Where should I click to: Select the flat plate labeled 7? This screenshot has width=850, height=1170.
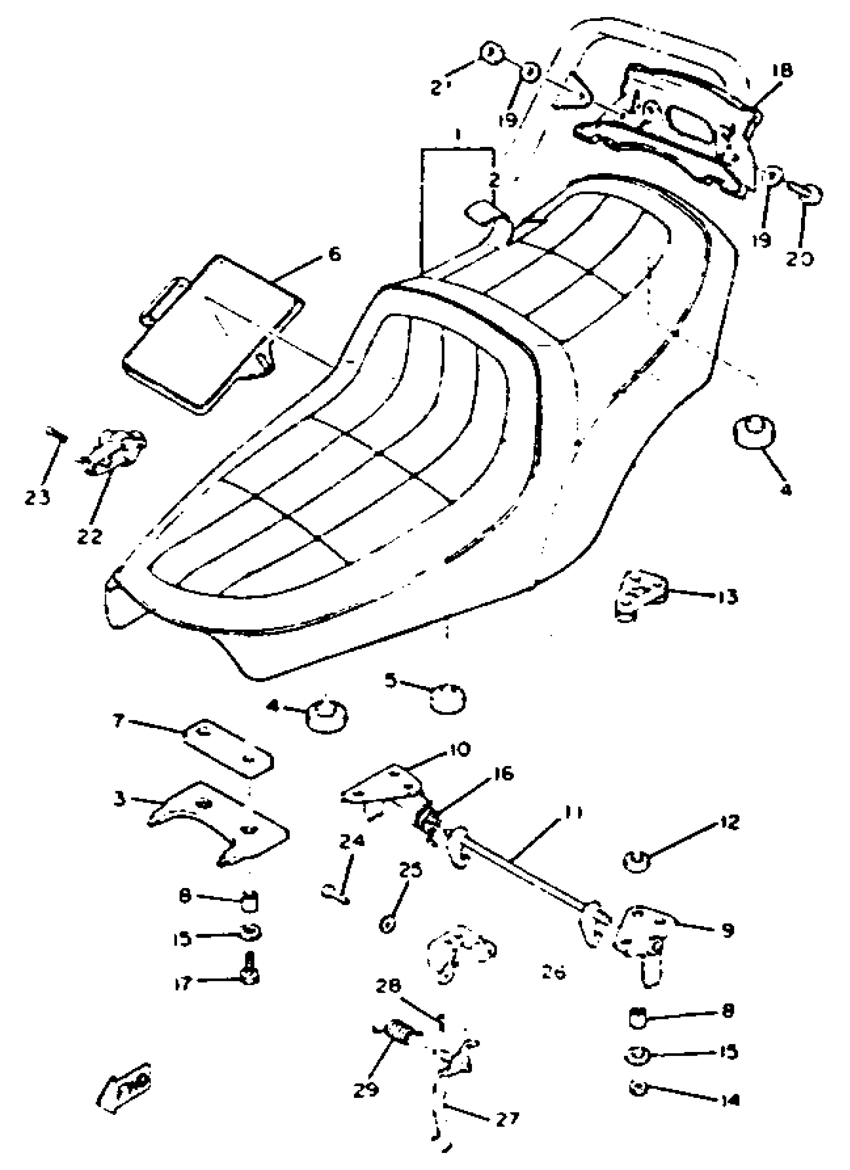[228, 748]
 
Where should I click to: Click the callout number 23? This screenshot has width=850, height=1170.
[37, 497]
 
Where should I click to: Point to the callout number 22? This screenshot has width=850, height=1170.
[89, 536]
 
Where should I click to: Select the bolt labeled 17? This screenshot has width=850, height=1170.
[249, 972]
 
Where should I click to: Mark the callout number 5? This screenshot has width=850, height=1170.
[390, 681]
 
